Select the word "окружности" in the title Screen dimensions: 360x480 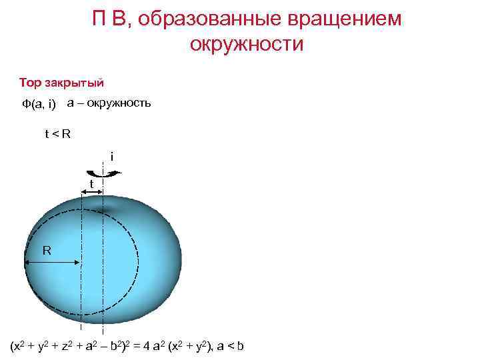tap(247, 45)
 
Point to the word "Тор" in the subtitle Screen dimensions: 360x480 tap(31, 83)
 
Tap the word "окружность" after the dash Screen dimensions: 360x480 tap(118, 103)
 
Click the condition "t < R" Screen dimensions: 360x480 tap(57, 134)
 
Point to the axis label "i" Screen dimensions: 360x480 tap(112, 157)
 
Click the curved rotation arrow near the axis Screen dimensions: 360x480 tap(106, 174)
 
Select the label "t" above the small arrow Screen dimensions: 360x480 tap(91, 183)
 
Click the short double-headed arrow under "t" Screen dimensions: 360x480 tap(91, 193)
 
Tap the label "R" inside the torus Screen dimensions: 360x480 tap(47, 251)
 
